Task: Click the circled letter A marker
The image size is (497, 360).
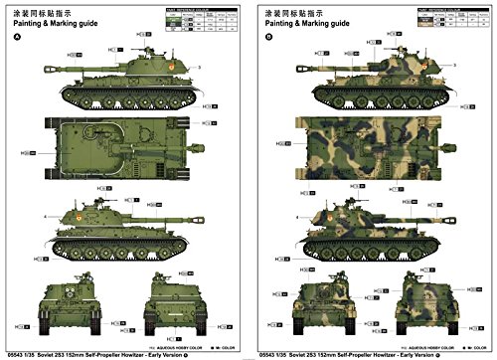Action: pyautogui.click(x=17, y=39)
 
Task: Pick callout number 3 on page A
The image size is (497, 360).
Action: pyautogui.click(x=199, y=66)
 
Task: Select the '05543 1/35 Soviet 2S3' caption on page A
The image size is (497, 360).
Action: pyautogui.click(x=119, y=351)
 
